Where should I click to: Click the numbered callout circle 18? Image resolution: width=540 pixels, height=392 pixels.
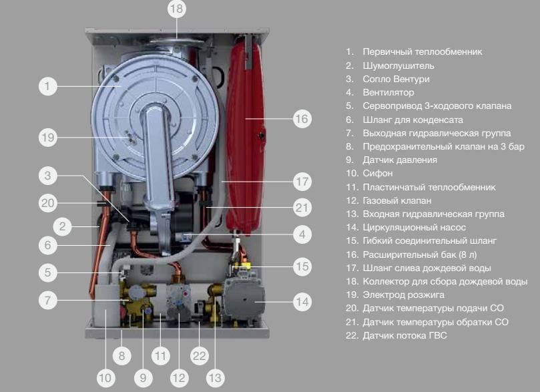coord(177,9)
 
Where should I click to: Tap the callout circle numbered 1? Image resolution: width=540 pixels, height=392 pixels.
coord(47,86)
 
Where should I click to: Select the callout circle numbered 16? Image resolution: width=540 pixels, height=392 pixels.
coord(302,119)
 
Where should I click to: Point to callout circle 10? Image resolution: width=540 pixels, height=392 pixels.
coord(105,378)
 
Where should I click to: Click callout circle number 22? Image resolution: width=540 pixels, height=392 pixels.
coord(199,356)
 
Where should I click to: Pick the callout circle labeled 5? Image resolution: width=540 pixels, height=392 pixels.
coord(47,272)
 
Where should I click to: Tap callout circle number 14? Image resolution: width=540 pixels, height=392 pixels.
coord(302,302)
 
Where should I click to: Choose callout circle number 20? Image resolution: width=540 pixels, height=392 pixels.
coord(47,203)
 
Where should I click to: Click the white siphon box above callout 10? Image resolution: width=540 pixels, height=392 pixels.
coord(107,305)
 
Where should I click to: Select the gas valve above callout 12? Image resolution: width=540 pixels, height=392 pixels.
coord(179,301)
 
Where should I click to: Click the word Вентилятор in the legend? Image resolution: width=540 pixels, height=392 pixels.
coord(388,92)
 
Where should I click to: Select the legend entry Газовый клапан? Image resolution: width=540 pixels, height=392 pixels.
coord(397,200)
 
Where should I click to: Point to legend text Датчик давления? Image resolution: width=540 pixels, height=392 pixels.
coord(400,160)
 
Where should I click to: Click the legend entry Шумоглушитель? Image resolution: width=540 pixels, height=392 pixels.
coord(398,65)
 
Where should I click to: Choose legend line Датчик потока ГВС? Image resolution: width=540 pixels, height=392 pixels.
coord(404,335)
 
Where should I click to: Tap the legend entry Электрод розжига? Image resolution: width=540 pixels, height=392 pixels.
coord(403,295)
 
